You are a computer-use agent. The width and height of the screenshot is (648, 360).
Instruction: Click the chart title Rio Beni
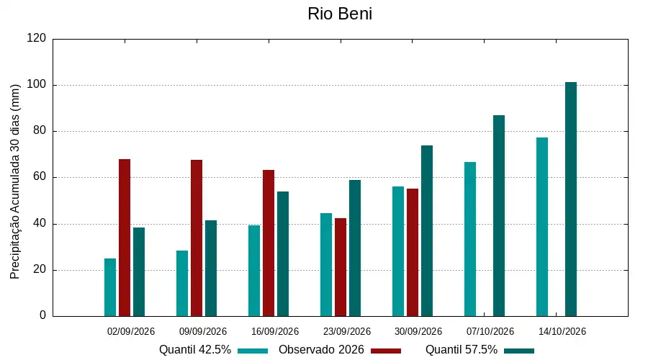(x=340, y=14)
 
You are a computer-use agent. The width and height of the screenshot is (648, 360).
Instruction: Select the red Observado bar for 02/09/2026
(x=125, y=238)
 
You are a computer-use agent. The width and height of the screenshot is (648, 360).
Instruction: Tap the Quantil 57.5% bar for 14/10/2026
(x=571, y=199)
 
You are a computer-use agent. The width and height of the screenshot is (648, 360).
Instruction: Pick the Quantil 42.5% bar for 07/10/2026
(x=470, y=239)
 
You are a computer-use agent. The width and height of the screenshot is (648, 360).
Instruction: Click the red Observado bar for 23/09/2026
(x=341, y=267)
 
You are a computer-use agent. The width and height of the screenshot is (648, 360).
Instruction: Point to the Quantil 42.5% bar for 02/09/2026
(x=110, y=287)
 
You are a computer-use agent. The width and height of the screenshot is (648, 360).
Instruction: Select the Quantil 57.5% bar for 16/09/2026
(x=283, y=253)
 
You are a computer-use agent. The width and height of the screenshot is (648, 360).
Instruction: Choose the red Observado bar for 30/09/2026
(x=413, y=253)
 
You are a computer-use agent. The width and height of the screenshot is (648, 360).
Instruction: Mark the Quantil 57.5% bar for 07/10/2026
(x=499, y=216)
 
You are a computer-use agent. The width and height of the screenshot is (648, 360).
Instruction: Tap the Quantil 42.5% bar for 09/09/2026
(x=182, y=284)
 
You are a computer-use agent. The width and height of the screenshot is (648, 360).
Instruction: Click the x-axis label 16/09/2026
(x=275, y=331)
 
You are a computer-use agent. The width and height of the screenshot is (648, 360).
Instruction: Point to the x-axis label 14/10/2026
(x=562, y=331)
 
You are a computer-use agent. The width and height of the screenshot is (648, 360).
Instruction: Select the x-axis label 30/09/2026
(x=418, y=331)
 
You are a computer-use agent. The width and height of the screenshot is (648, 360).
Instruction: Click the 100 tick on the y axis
(x=37, y=85)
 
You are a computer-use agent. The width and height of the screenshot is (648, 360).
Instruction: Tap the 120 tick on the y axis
(x=37, y=38)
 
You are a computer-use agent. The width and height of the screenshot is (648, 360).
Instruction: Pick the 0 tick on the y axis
(x=42, y=315)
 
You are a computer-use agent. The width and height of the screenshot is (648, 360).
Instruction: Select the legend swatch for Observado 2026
(x=386, y=351)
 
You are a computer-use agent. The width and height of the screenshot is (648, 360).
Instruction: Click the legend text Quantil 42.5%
(x=195, y=350)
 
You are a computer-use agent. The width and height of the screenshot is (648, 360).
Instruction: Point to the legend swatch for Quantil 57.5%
(x=519, y=351)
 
